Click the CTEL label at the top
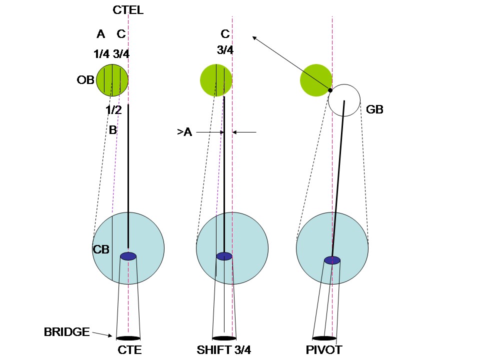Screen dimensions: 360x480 point(128,10)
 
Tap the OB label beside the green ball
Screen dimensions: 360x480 point(86,79)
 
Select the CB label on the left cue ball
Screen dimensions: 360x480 point(101,249)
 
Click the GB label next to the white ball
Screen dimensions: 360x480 point(374,109)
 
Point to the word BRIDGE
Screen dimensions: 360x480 point(66,331)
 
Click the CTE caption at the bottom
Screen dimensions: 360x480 point(129,350)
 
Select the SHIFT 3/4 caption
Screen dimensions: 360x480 point(224,350)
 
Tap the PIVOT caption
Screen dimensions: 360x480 point(324,350)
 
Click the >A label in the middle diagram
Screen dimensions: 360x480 point(184,132)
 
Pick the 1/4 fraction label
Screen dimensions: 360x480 point(101,54)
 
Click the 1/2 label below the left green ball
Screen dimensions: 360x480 point(114,110)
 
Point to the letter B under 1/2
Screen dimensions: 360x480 point(113,130)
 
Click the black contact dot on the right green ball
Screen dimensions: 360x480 point(330,90)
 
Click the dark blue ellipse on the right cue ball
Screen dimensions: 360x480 point(332,260)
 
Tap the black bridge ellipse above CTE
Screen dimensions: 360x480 point(128,338)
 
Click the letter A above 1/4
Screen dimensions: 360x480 point(101,34)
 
